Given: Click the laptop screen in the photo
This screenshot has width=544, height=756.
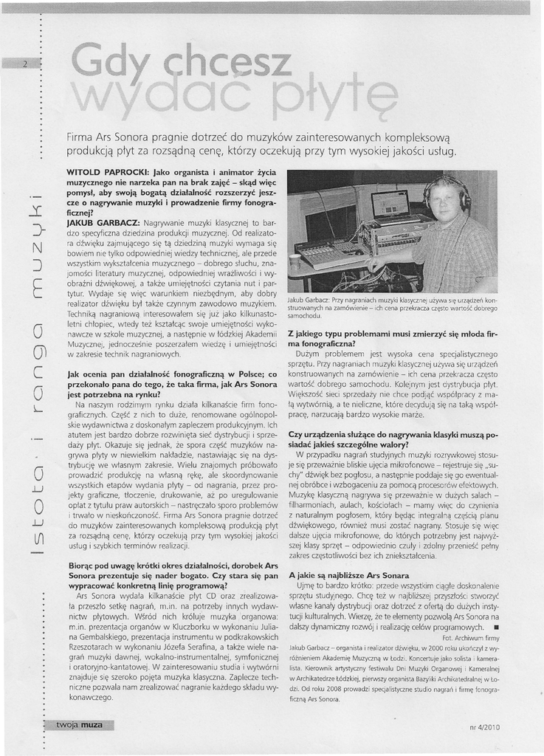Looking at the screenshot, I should [390, 205].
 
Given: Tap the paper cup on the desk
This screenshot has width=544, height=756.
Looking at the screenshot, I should [295, 261].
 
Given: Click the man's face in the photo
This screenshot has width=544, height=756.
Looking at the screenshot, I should [445, 202].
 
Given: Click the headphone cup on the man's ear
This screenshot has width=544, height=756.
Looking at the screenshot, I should [465, 199].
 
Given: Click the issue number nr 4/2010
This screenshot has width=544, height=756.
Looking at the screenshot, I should [484, 726].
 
